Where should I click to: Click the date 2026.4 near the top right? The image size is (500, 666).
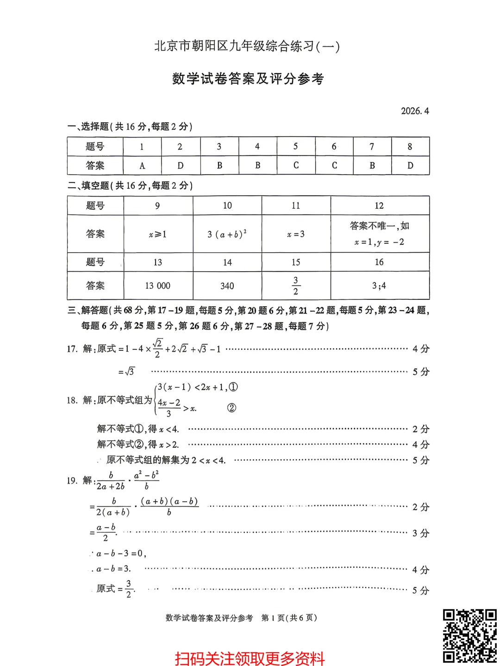coord(415,111)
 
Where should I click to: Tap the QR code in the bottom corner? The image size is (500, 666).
coord(469,636)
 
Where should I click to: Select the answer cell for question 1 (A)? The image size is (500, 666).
coord(142,166)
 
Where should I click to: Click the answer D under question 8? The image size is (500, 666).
coord(410,166)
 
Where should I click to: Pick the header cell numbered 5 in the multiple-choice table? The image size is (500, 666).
coord(295,146)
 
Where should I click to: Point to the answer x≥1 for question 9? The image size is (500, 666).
coord(157,235)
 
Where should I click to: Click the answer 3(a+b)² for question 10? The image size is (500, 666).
coord(227,234)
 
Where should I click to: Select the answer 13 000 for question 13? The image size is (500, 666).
coord(157,286)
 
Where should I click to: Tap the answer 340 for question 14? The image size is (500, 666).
coord(227,286)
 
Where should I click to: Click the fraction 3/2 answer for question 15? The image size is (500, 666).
coord(295,286)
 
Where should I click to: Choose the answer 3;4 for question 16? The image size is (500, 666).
coord(379,286)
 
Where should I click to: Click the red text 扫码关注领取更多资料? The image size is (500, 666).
coord(250,658)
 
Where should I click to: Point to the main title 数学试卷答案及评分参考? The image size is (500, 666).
coord(248,79)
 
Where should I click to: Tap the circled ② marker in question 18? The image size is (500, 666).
coord(231,408)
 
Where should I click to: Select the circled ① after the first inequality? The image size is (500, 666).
coord(233,387)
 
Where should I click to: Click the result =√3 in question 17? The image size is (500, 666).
coord(126,372)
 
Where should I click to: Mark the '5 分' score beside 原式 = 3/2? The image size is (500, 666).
coord(420,590)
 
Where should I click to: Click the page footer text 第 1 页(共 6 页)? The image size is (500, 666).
coord(289,618)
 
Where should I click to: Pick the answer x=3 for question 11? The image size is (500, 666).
coord(295,234)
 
